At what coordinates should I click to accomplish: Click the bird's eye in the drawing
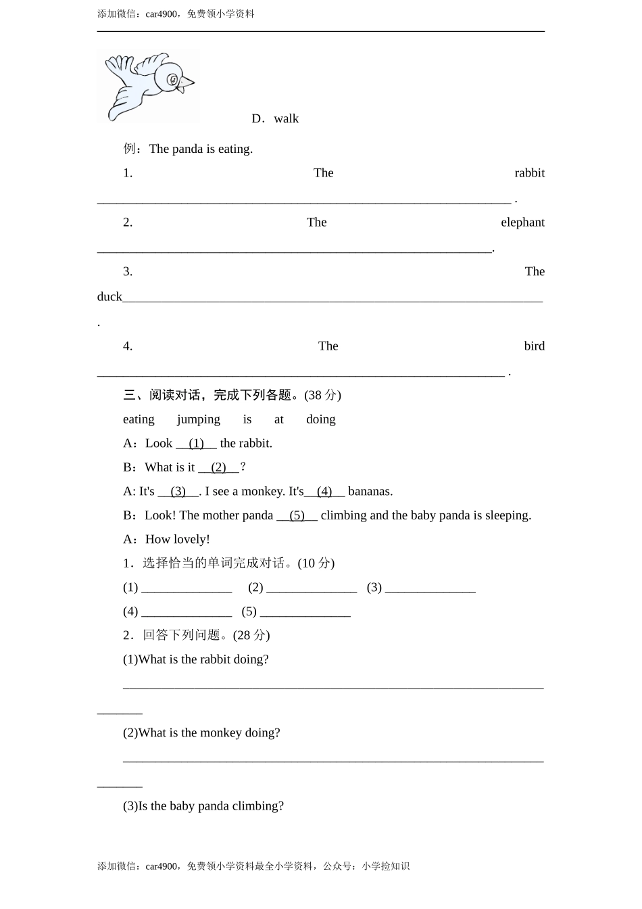(173, 80)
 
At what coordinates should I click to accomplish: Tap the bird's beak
(187, 84)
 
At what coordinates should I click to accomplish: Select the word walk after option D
(286, 119)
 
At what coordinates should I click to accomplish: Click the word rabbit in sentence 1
(529, 173)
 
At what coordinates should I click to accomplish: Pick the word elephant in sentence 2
(522, 223)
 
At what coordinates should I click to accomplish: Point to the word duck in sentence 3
(109, 297)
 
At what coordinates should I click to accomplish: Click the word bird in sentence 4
(534, 346)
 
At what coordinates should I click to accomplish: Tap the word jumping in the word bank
(198, 419)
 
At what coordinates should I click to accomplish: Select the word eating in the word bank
(139, 419)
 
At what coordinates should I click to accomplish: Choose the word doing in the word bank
(320, 419)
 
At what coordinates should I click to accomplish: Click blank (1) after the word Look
(196, 444)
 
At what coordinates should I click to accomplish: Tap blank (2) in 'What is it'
(218, 467)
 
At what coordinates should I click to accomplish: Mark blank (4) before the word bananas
(324, 492)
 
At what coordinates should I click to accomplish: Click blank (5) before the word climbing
(297, 515)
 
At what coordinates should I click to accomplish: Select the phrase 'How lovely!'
(177, 540)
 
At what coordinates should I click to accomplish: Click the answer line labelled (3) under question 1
(430, 588)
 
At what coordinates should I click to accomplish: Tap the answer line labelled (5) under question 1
(305, 612)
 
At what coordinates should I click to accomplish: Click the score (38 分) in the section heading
(322, 395)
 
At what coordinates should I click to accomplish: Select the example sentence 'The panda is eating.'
(201, 149)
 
